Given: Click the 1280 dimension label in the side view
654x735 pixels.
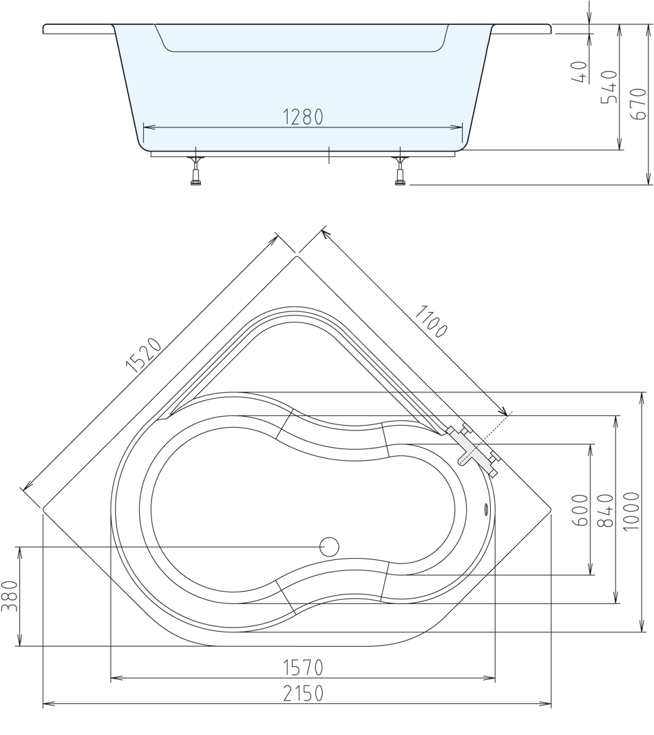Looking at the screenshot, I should [x=303, y=117].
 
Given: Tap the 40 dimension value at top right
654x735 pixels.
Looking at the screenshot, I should [x=580, y=72].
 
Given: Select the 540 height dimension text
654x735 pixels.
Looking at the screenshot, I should [x=609, y=86].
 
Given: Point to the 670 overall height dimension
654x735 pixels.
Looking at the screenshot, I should [x=637, y=103].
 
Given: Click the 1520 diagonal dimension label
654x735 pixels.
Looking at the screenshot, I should [x=143, y=355].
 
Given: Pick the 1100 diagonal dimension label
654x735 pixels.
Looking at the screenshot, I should [x=431, y=320].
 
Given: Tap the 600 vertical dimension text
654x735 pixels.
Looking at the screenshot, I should [x=580, y=510].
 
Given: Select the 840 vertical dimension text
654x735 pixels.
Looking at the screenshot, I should [x=605, y=510].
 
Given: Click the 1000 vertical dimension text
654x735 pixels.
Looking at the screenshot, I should [x=631, y=510].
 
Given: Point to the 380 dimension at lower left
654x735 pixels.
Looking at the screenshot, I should [x=9, y=597].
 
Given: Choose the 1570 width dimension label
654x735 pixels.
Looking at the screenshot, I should [x=303, y=667].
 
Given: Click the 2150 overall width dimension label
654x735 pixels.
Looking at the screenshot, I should [x=303, y=693].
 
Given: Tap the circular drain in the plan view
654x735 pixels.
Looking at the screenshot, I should [x=330, y=547].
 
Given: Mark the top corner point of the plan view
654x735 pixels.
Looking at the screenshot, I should [x=297, y=256].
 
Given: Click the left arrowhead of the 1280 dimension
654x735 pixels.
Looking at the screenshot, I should [x=146, y=127].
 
